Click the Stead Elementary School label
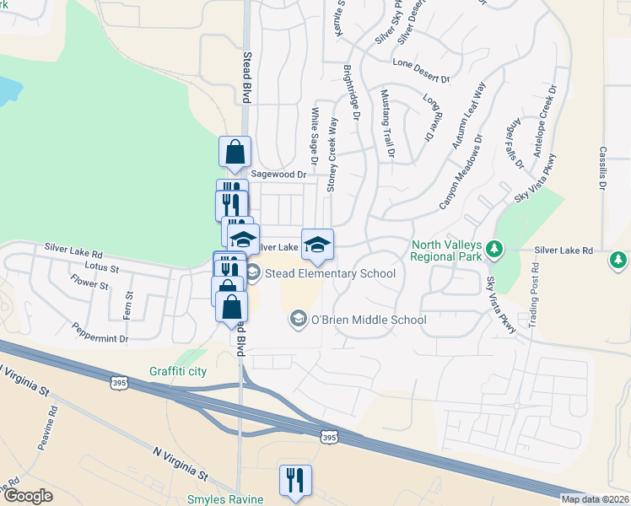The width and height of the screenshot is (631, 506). (330, 273)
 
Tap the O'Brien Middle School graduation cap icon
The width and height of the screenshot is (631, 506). (298, 320)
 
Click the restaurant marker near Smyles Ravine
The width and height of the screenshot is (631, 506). (295, 481)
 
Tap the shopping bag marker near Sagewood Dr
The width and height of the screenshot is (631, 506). (235, 153)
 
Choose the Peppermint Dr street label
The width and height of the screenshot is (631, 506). (100, 332)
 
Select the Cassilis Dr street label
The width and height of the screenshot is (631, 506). (603, 166)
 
